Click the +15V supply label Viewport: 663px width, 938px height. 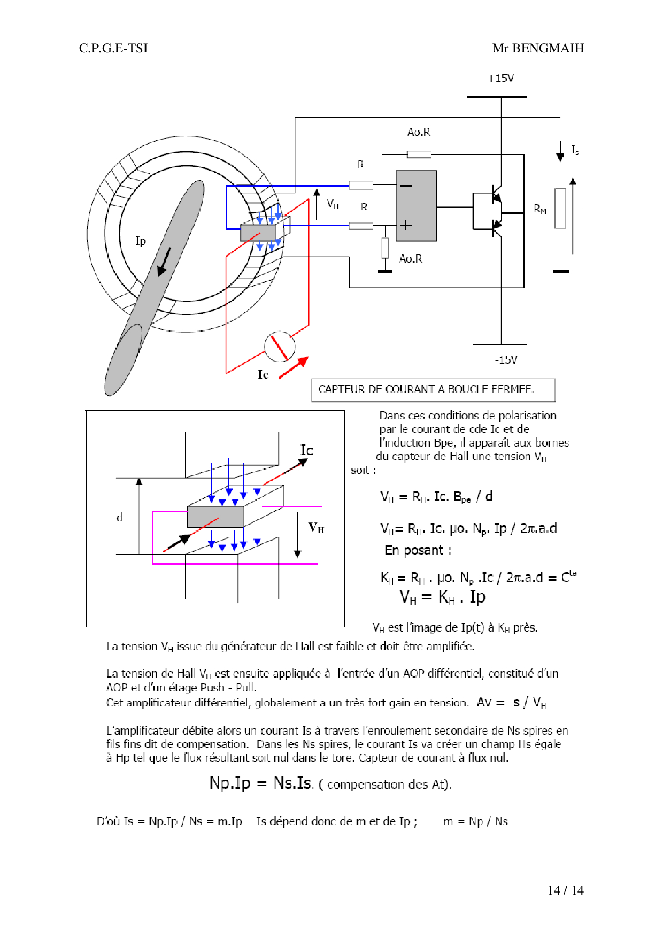tap(500, 79)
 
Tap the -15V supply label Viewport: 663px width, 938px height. tap(506, 359)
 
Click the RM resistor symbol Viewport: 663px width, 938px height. tap(560, 209)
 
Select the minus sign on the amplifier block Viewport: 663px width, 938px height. tap(406, 186)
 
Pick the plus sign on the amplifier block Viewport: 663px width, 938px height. tap(406, 225)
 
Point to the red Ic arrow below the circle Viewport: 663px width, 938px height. tap(294, 367)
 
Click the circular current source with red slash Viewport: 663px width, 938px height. tap(280, 346)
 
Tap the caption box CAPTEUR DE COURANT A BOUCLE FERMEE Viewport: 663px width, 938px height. tap(433, 389)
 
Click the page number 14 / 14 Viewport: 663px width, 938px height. tap(565, 890)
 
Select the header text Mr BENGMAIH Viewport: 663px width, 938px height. tap(538, 48)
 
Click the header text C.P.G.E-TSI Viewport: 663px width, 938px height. tap(113, 48)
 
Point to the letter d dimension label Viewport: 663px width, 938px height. tap(120, 517)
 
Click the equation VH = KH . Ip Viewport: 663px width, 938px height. tap(442, 597)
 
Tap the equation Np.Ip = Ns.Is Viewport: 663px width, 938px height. tap(261, 783)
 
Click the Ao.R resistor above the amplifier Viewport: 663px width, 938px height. tap(419, 155)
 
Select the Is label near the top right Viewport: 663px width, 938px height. tap(575, 150)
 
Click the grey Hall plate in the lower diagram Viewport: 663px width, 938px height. tap(215, 517)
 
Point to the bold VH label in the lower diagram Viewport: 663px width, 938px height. tap(316, 528)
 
